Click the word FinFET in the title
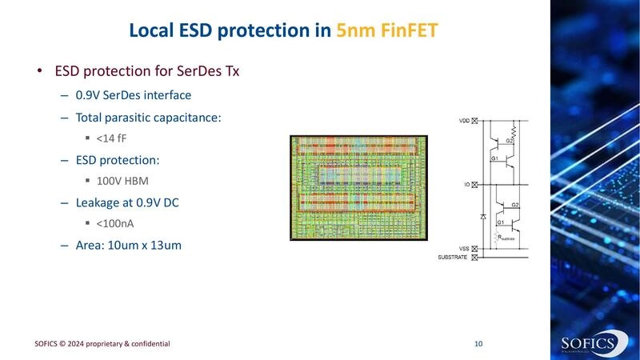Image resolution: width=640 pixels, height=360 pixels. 408,31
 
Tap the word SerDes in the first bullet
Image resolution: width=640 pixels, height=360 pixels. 189,71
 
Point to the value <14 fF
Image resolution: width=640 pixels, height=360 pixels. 111,138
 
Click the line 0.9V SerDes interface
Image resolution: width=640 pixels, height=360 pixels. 133,94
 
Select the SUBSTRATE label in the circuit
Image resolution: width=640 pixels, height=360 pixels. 454,257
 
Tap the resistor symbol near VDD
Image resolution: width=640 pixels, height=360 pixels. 514,129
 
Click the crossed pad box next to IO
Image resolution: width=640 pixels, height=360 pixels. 475,184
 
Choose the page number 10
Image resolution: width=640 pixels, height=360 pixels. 478,343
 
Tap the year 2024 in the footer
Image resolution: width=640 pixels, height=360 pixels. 86,343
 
